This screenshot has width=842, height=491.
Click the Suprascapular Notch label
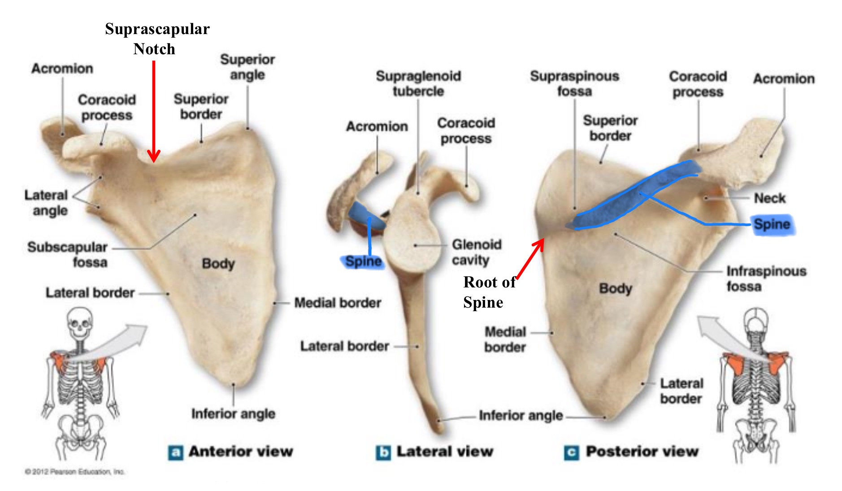157,39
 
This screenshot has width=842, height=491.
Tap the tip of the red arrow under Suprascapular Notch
154,160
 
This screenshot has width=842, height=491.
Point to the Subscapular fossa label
68,254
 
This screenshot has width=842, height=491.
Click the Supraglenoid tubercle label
418,83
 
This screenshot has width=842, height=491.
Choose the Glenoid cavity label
476,252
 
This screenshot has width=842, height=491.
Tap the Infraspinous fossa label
766,278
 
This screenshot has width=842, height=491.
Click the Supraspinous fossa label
574,83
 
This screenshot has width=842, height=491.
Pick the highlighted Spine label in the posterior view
772,224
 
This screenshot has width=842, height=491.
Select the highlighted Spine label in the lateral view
363,261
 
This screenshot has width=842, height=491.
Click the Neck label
769,198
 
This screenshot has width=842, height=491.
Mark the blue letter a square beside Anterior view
175,452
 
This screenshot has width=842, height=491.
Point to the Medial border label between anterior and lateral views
338,303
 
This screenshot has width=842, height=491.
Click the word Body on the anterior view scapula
218,264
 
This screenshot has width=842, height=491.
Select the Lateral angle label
46,203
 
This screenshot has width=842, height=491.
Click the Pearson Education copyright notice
74,472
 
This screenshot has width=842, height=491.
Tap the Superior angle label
247,67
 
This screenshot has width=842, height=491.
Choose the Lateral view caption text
444,452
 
